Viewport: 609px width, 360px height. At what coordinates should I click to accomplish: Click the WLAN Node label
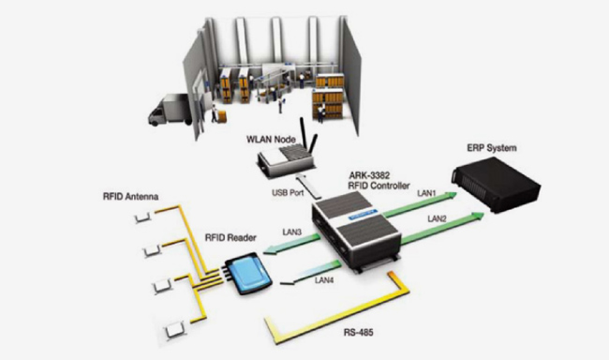click(271, 139)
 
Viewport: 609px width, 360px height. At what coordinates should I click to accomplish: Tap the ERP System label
click(492, 148)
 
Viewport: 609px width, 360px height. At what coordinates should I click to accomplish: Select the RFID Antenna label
click(130, 196)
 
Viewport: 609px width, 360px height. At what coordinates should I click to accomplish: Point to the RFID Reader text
click(230, 237)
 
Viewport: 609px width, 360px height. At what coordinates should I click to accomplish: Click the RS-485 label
click(359, 333)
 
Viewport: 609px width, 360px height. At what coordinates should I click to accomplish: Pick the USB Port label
click(288, 192)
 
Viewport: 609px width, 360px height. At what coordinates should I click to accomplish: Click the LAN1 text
click(427, 193)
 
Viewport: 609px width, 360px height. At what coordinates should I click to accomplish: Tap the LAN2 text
click(437, 218)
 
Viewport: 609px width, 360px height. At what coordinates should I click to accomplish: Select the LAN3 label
click(292, 232)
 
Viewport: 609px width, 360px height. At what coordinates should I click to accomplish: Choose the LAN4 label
click(324, 280)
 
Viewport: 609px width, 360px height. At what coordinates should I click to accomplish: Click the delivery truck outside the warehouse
click(171, 110)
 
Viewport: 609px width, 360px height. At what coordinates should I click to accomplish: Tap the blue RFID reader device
click(247, 274)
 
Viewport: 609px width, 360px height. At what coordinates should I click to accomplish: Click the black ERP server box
click(496, 185)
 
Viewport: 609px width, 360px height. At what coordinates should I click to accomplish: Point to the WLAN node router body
click(286, 160)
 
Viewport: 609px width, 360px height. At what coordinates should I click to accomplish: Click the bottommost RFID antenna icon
click(174, 330)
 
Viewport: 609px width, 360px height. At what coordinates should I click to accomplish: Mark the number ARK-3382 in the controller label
click(364, 176)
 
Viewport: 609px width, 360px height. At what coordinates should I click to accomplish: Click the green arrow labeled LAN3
click(292, 245)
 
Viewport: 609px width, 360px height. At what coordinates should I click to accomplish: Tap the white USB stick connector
click(309, 186)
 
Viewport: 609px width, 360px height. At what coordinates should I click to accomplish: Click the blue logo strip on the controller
click(364, 214)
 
